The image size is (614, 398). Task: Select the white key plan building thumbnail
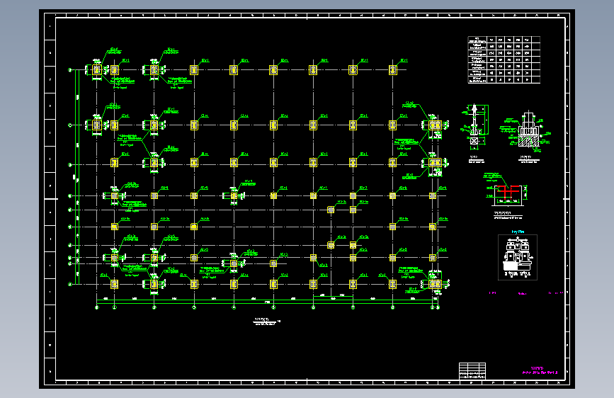pyautogui.click(x=518, y=256)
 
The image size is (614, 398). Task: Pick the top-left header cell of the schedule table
pyautogui.click(x=477, y=40)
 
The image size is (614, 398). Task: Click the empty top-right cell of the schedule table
pyautogui.click(x=536, y=40)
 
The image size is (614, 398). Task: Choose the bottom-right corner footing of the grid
pyautogui.click(x=433, y=284)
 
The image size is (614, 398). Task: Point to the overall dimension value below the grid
pyautogui.click(x=268, y=303)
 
